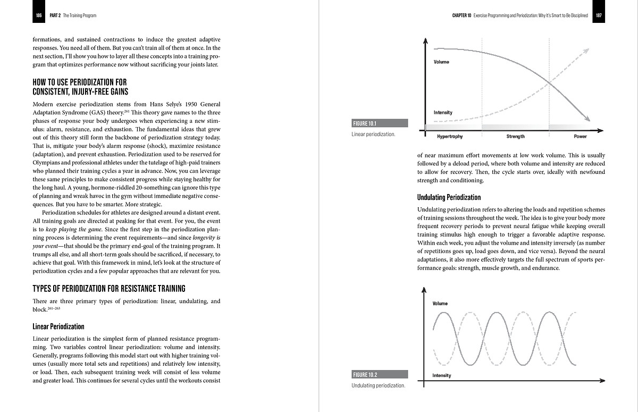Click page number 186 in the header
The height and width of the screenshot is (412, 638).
pyautogui.click(x=39, y=15)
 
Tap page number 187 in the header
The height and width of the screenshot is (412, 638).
pyautogui.click(x=599, y=15)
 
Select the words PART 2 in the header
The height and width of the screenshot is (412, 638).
pyautogui.click(x=54, y=15)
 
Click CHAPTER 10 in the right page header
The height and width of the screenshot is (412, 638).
pyautogui.click(x=461, y=15)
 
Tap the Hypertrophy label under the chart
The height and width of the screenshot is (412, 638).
pyautogui.click(x=449, y=137)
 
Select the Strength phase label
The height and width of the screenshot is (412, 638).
pyautogui.click(x=515, y=137)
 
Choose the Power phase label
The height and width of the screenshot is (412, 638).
pyautogui.click(x=580, y=137)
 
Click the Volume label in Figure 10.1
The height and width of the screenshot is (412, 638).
pyautogui.click(x=441, y=62)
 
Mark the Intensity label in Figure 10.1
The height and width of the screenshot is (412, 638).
pyautogui.click(x=443, y=112)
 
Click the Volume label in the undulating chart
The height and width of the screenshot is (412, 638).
pyautogui.click(x=440, y=304)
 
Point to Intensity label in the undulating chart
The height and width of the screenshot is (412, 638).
pyautogui.click(x=442, y=375)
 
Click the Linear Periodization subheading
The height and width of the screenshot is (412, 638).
pyautogui.click(x=58, y=326)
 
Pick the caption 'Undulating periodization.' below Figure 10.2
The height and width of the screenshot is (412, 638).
pyautogui.click(x=378, y=385)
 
